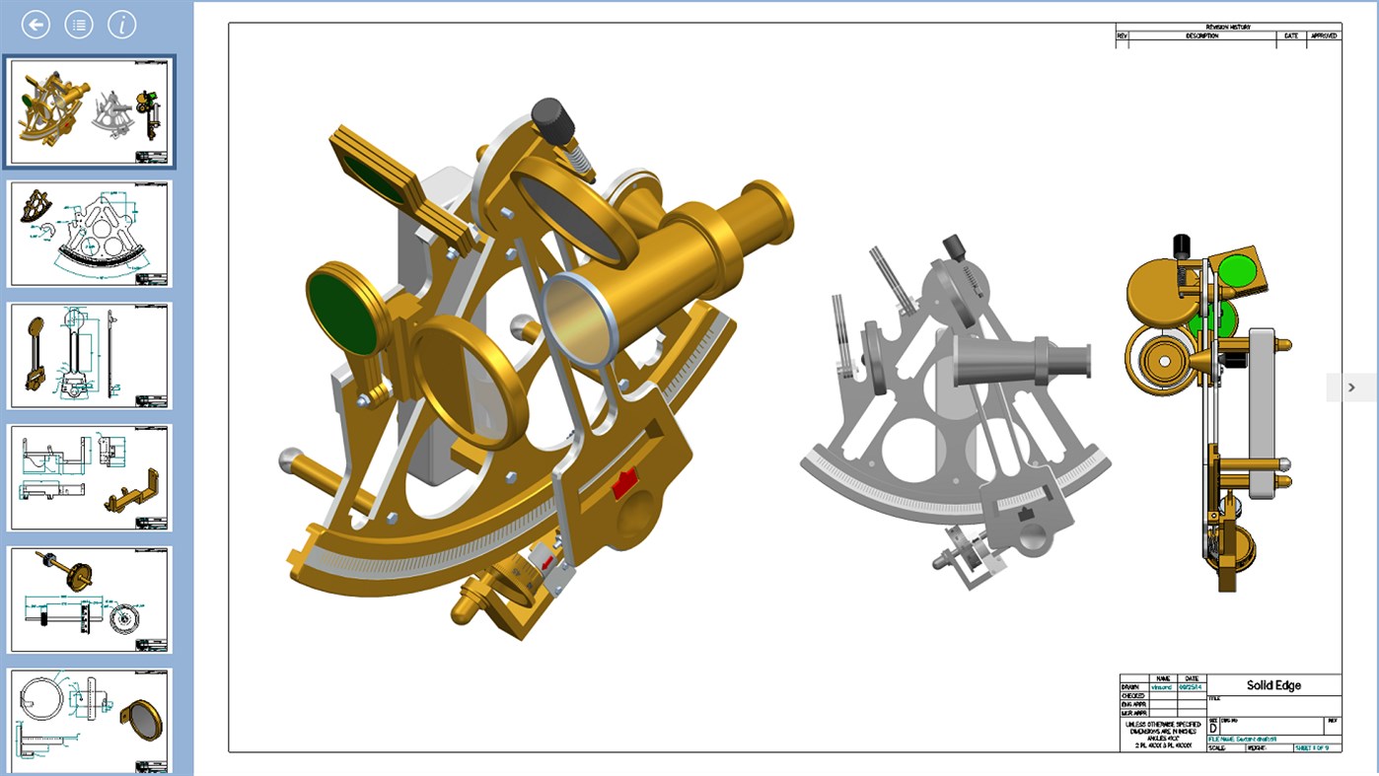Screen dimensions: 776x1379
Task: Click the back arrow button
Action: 36,25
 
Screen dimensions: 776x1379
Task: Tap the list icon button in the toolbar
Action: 79,25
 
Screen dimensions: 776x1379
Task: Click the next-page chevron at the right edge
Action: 1351,388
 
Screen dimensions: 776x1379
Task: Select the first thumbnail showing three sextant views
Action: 90,111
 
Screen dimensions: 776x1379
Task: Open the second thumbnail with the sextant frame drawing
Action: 90,234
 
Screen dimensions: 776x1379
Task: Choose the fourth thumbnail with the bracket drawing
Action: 90,478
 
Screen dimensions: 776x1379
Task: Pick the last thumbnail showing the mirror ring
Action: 90,721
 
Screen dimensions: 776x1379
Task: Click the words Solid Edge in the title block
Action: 1273,685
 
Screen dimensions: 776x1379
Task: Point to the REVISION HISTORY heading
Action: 1227,28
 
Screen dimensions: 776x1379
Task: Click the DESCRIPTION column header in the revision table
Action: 1201,36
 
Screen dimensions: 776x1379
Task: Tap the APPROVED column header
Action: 1324,36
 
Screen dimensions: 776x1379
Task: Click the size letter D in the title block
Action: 1213,728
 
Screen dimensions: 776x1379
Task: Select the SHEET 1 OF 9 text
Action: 1318,747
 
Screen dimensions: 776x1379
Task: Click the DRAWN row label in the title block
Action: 1130,686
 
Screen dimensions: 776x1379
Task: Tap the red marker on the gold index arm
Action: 624,484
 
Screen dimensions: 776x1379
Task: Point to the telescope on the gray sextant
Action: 1021,362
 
